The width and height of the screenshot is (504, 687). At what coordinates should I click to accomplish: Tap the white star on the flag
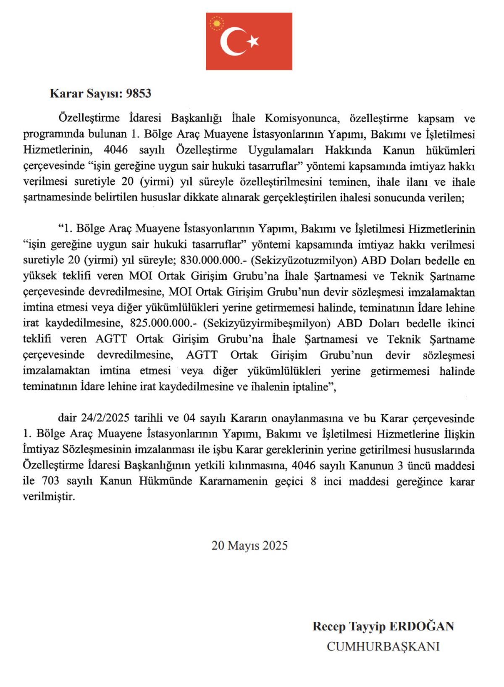point(253,41)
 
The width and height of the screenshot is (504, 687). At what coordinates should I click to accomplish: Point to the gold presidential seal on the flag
point(217,23)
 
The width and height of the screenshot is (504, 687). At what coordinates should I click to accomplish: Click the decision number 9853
point(139,93)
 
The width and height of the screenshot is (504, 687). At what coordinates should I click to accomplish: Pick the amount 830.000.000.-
point(214,261)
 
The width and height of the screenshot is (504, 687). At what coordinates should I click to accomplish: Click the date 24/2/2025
point(105,418)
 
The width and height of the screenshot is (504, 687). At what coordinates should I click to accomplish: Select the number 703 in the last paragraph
point(50,481)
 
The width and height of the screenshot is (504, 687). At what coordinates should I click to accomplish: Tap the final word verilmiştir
point(49,497)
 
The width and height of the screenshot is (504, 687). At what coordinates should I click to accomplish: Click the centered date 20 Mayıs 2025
point(249,545)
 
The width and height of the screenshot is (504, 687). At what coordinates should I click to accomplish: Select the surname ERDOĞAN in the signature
point(422,626)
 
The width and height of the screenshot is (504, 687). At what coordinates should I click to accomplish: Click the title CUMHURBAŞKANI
point(383,646)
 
